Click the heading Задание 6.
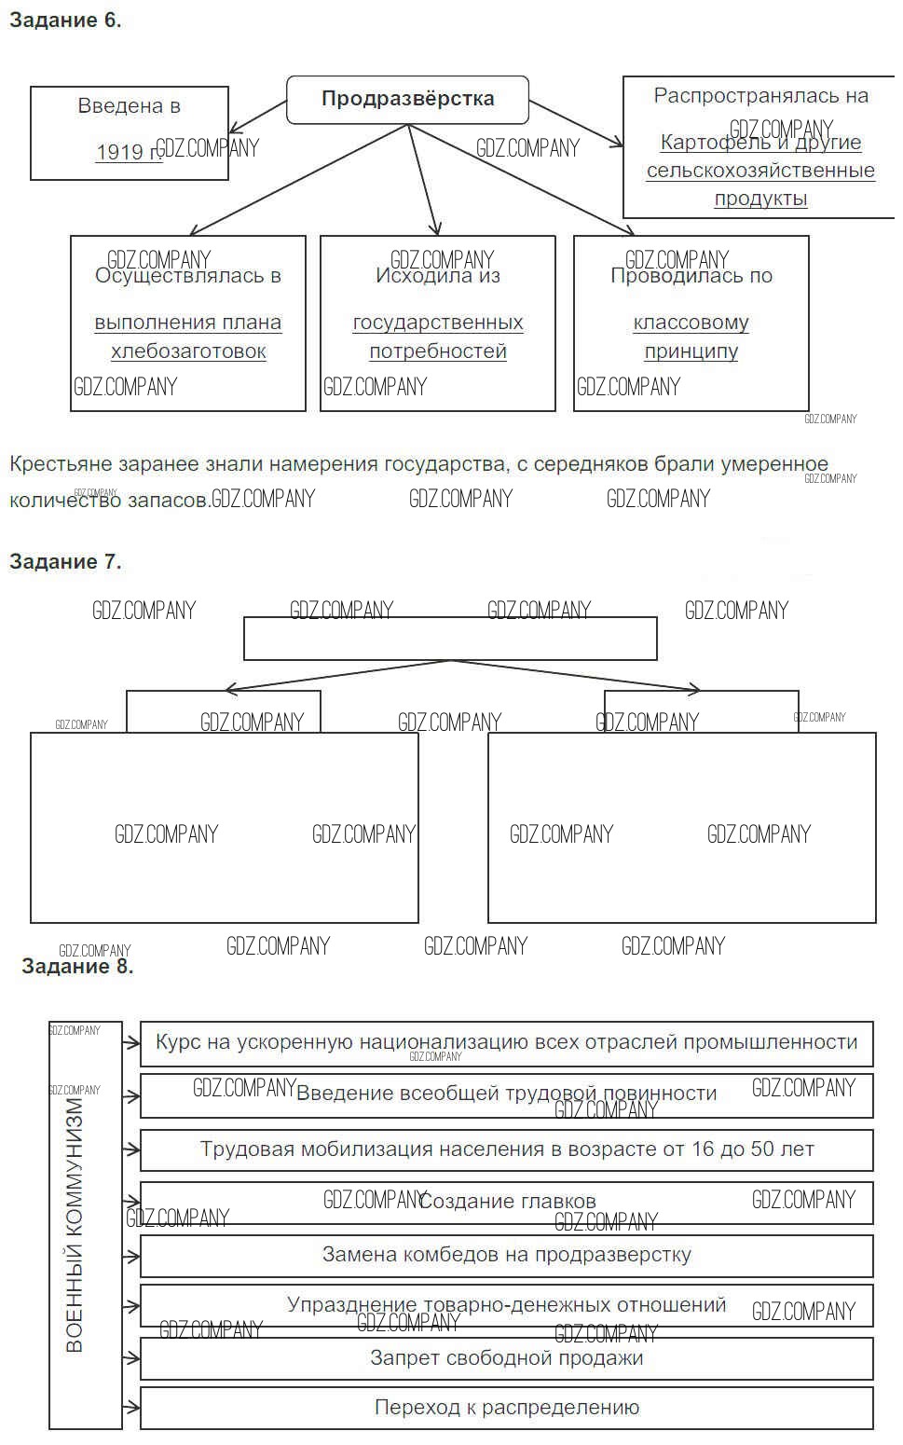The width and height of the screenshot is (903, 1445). click(65, 21)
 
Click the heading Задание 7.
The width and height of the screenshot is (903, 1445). click(65, 561)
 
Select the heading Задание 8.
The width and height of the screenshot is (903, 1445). click(77, 966)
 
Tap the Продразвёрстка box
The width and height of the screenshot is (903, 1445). click(407, 100)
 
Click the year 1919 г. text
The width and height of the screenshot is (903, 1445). click(128, 152)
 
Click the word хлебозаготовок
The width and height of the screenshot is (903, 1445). click(188, 351)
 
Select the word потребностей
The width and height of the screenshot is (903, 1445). click(438, 351)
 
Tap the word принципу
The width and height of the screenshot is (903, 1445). click(691, 351)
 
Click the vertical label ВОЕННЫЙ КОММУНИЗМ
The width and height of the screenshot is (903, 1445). click(75, 1225)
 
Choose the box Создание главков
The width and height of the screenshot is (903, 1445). click(507, 1202)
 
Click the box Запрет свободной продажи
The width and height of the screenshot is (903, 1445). click(507, 1357)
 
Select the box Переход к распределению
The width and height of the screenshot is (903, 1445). click(507, 1408)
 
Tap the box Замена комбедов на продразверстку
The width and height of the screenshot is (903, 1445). click(507, 1255)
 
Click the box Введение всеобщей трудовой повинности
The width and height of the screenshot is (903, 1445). click(507, 1094)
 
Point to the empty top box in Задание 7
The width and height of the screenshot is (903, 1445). click(450, 639)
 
